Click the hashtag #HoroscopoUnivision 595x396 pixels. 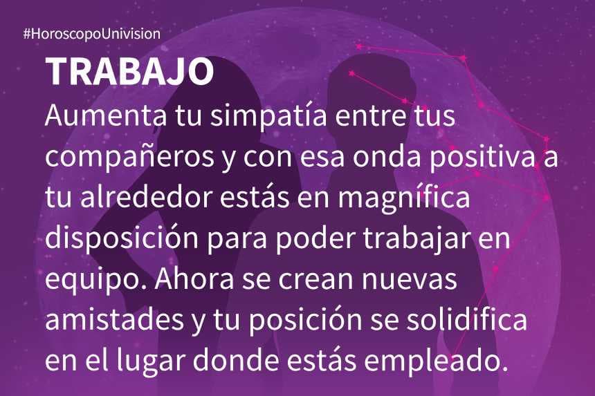pyautogui.click(x=92, y=34)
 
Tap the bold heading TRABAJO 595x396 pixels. pyautogui.click(x=130, y=72)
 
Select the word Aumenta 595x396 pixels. pyautogui.click(x=106, y=115)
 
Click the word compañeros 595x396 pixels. pyautogui.click(x=129, y=156)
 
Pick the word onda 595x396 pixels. pyautogui.click(x=387, y=155)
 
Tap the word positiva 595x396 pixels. pyautogui.click(x=482, y=156)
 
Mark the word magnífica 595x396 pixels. pyautogui.click(x=404, y=197)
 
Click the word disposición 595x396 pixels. pyautogui.click(x=122, y=238)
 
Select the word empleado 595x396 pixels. pyautogui.click(x=436, y=361)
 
